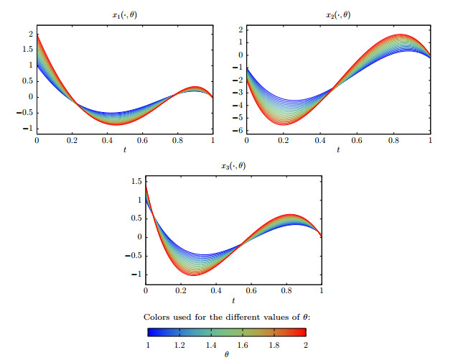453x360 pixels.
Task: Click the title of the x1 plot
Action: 123,14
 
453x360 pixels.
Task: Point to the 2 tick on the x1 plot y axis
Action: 31,34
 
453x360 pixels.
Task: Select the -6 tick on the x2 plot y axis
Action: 240,131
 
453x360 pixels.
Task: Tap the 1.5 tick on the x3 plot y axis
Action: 136,181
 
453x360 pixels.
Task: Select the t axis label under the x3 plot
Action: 233,300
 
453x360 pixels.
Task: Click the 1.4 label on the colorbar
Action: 211,346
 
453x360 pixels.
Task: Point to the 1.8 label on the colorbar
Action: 275,346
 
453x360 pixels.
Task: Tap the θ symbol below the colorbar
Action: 227,354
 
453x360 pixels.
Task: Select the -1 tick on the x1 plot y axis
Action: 29,129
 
